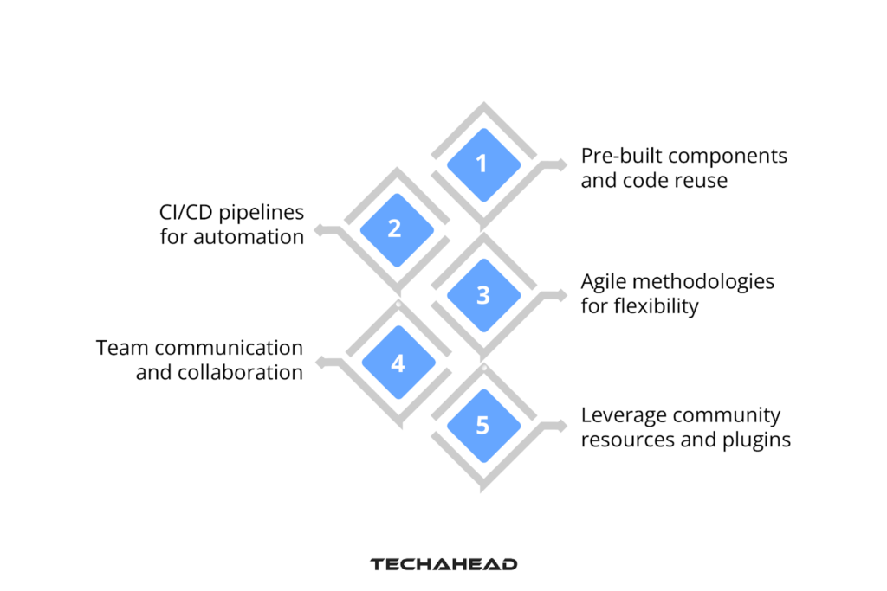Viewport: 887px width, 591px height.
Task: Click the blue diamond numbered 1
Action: [483, 164]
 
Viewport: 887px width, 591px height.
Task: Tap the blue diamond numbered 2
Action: [395, 228]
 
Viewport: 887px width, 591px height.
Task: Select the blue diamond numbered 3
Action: [483, 295]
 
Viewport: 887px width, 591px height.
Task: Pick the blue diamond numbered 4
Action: [397, 363]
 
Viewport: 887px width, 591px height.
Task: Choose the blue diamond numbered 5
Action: [482, 426]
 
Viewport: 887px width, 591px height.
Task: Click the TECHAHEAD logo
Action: [443, 564]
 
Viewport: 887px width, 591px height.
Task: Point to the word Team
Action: [120, 348]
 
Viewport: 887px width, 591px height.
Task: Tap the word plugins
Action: [756, 440]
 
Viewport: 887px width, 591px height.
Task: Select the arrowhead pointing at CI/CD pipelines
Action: [319, 230]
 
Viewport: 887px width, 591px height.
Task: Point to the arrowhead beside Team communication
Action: [319, 363]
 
